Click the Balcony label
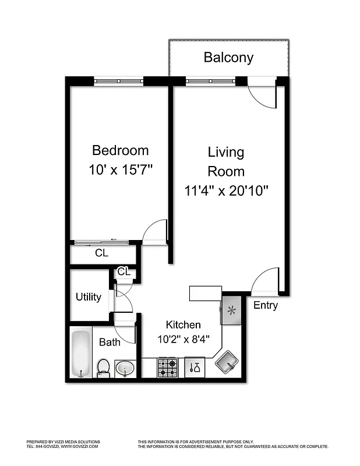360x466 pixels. [228, 58]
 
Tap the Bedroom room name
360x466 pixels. [121, 150]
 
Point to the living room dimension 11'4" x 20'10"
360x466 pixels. [226, 190]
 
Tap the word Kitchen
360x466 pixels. [183, 325]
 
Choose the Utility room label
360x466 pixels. [89, 297]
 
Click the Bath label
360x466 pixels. [110, 342]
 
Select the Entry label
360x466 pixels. [266, 305]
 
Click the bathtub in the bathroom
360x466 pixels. [80, 354]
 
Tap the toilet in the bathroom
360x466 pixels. [104, 367]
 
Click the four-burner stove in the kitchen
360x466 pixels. [168, 368]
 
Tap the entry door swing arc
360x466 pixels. [266, 280]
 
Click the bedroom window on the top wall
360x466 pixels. [118, 81]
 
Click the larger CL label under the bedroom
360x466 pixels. [101, 253]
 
